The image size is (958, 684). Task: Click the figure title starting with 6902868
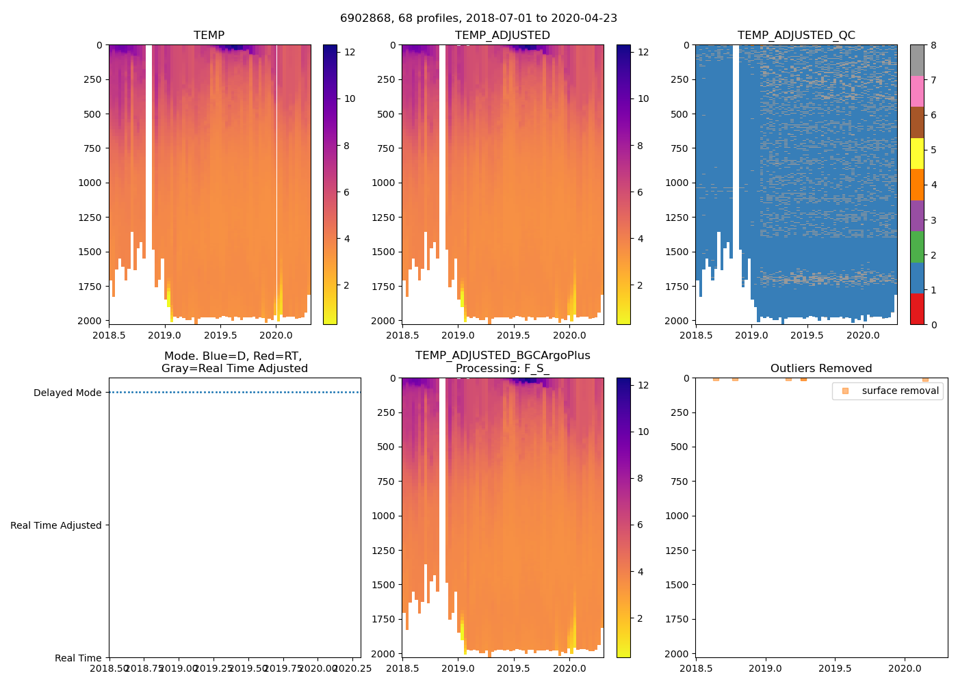click(x=478, y=18)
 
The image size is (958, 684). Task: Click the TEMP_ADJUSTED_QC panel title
click(x=796, y=36)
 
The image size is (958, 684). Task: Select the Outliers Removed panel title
click(x=821, y=369)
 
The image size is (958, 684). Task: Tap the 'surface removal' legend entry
click(x=900, y=391)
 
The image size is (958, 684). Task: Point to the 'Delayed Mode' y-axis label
click(x=67, y=393)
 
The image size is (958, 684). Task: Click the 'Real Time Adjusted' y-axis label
click(x=56, y=525)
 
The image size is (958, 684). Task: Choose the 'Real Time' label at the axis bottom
click(x=78, y=658)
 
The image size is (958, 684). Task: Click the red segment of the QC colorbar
click(x=917, y=308)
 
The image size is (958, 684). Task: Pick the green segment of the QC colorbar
click(x=917, y=246)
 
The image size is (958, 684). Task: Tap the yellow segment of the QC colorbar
click(x=917, y=153)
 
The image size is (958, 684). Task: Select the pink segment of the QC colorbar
click(x=917, y=91)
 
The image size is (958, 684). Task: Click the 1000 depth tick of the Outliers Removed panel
click(x=678, y=516)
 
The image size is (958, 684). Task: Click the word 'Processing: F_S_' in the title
click(x=502, y=369)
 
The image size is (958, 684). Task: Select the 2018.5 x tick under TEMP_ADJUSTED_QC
click(x=696, y=335)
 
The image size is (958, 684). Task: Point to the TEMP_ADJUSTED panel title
click(x=502, y=36)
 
